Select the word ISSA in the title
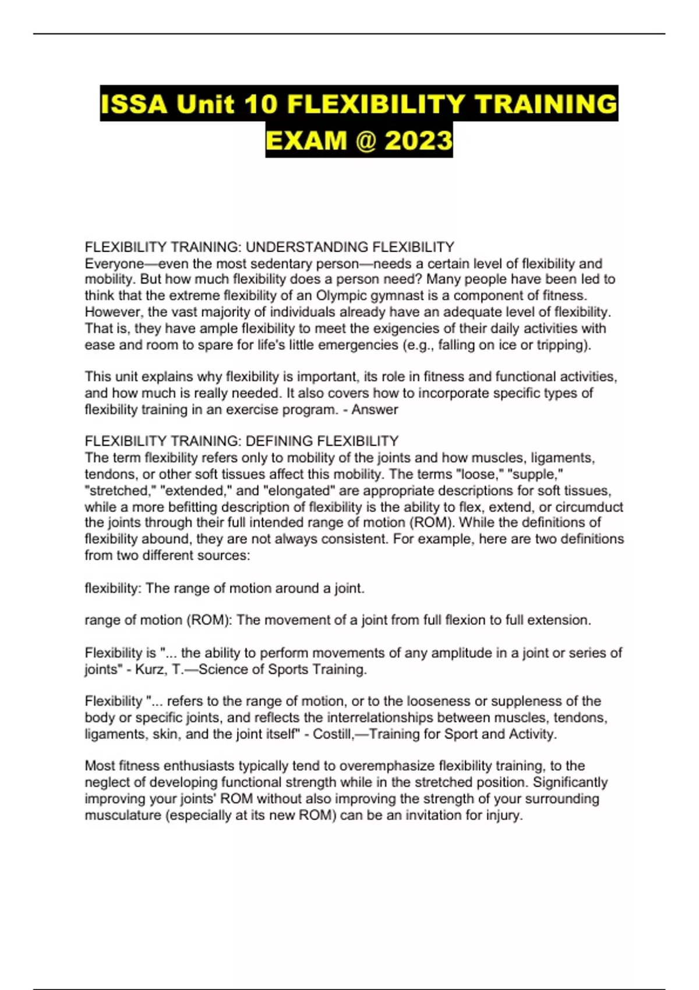(x=134, y=105)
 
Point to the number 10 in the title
(x=260, y=105)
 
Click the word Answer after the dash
(x=375, y=409)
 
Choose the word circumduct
(x=589, y=507)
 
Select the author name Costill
(x=333, y=734)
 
